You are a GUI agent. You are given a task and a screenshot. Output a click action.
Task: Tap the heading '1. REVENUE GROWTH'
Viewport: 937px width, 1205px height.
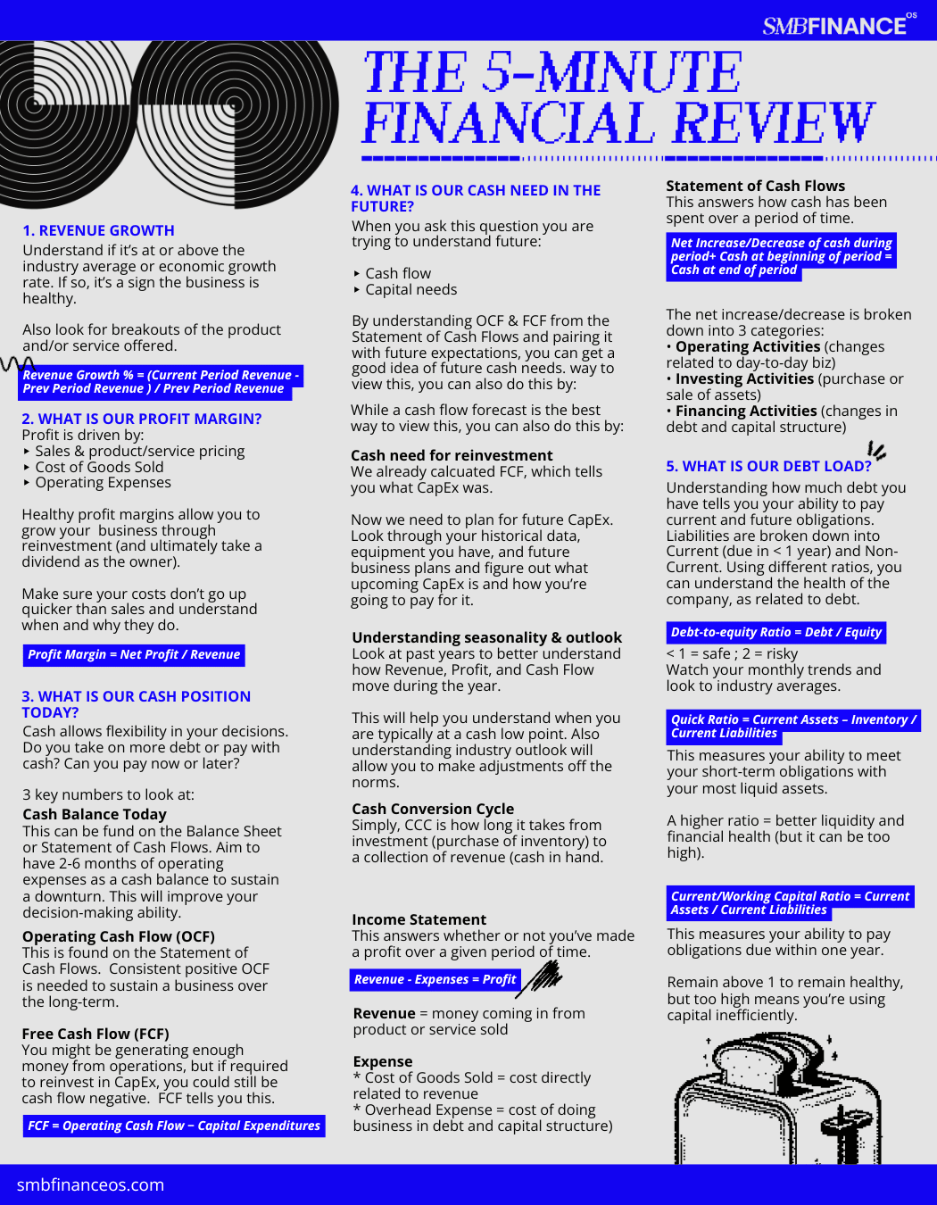pyautogui.click(x=98, y=230)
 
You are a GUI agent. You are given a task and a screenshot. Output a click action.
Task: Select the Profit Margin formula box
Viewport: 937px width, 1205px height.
pyautogui.click(x=134, y=655)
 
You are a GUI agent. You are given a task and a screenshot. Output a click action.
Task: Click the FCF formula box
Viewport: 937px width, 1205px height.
pyautogui.click(x=174, y=1126)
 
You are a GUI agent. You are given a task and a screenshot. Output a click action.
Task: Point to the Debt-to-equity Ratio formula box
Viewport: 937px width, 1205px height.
pyautogui.click(x=775, y=633)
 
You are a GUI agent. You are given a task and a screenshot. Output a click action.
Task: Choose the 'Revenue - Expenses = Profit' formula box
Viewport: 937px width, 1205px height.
pyautogui.click(x=435, y=980)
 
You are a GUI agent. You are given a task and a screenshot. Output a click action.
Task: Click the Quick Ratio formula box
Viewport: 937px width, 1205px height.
pyautogui.click(x=792, y=726)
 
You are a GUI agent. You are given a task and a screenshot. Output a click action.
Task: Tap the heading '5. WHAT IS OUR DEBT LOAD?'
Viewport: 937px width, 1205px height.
pyautogui.click(x=768, y=466)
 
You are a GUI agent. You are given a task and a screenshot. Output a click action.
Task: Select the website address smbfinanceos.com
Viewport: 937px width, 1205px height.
pyautogui.click(x=90, y=1185)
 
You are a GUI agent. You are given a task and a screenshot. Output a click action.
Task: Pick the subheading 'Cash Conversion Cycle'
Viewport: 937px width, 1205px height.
pyautogui.click(x=433, y=809)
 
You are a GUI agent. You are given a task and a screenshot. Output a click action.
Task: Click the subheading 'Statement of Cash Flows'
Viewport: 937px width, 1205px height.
pyautogui.click(x=755, y=186)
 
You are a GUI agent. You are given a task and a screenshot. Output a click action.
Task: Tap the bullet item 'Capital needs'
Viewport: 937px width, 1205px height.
pyautogui.click(x=410, y=289)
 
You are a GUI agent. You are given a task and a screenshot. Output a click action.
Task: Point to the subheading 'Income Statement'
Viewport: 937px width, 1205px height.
pyautogui.click(x=419, y=919)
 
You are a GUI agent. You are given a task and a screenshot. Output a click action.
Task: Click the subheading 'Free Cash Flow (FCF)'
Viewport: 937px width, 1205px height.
pyautogui.click(x=95, y=1034)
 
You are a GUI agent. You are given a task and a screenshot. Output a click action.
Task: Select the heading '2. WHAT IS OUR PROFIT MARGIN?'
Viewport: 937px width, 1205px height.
pyautogui.click(x=141, y=419)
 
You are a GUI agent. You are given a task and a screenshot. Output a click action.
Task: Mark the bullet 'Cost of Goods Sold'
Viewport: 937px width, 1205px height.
pyautogui.click(x=99, y=467)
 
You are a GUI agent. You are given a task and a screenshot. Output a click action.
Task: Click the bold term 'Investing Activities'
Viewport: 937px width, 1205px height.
pyautogui.click(x=744, y=378)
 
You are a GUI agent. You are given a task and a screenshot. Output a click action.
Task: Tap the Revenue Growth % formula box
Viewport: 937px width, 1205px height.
pyautogui.click(x=160, y=382)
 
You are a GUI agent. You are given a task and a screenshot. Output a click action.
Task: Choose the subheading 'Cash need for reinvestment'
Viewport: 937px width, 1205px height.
pyautogui.click(x=452, y=455)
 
